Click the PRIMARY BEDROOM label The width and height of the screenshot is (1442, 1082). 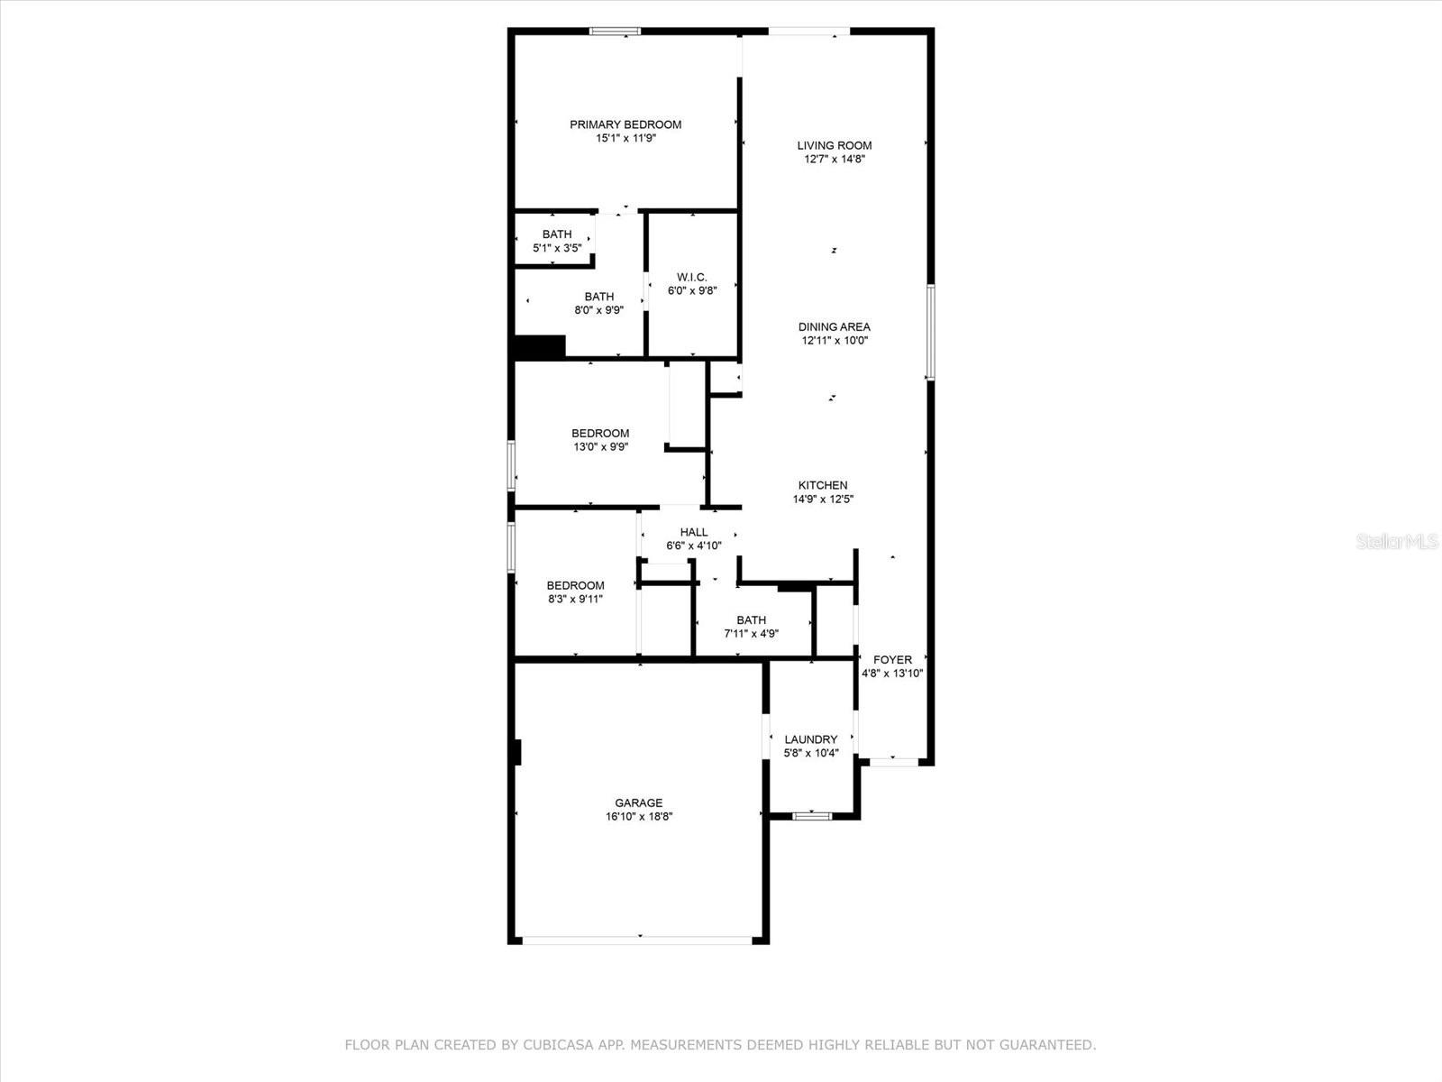pyautogui.click(x=625, y=124)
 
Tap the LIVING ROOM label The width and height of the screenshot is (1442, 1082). pyautogui.click(x=835, y=145)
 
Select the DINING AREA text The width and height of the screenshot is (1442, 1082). pyautogui.click(x=835, y=326)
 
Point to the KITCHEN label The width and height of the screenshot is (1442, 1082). pyautogui.click(x=823, y=485)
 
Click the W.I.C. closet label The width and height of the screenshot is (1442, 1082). pyautogui.click(x=692, y=277)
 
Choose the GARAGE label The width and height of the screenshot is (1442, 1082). pyautogui.click(x=639, y=802)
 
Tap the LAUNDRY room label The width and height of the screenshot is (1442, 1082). pyautogui.click(x=811, y=739)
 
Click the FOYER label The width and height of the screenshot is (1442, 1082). pyautogui.click(x=892, y=659)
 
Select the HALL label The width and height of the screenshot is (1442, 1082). pyautogui.click(x=694, y=532)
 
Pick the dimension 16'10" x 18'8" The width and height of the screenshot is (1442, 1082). pyautogui.click(x=639, y=817)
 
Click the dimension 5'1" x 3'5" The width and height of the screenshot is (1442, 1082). pyautogui.click(x=557, y=248)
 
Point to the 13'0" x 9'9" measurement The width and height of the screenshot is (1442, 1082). pyautogui.click(x=601, y=446)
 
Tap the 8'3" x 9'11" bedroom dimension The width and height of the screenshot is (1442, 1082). pyautogui.click(x=575, y=599)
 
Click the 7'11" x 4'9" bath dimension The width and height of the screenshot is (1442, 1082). pyautogui.click(x=752, y=634)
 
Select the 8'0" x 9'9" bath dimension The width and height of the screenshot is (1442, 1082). pyautogui.click(x=599, y=310)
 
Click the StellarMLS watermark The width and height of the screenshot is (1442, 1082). pyautogui.click(x=1398, y=542)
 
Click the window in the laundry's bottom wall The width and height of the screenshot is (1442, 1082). pyautogui.click(x=812, y=816)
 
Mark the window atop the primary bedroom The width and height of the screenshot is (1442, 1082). pyautogui.click(x=616, y=32)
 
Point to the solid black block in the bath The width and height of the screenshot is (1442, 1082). pyautogui.click(x=539, y=347)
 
